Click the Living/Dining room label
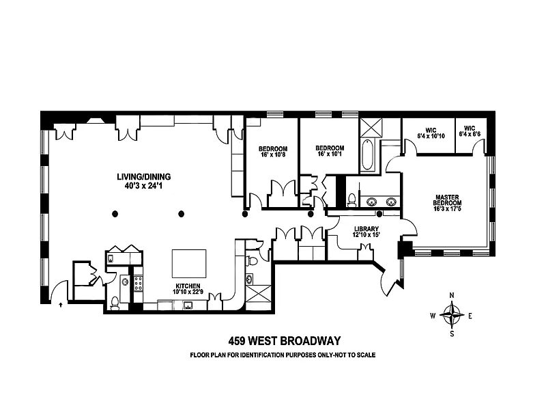click(144, 177)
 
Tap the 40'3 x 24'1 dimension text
click(143, 186)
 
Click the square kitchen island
click(189, 264)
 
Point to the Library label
click(367, 229)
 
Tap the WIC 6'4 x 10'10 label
click(431, 133)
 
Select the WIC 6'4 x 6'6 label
click(470, 131)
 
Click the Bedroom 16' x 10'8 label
click(273, 152)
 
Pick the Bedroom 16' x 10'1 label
click(330, 150)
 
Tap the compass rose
click(452, 315)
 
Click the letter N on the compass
click(452, 296)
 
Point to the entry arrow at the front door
click(61, 305)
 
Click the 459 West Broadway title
click(285, 340)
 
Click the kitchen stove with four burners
click(139, 284)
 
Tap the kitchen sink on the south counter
click(188, 305)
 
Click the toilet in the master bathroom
click(352, 200)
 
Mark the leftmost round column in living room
click(115, 214)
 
